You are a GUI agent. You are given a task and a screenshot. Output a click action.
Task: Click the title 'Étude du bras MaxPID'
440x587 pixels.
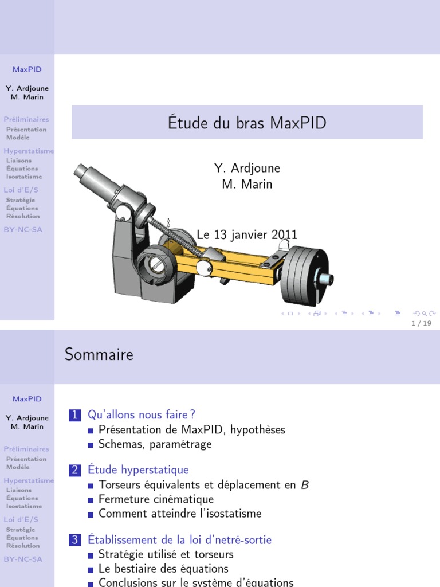(247, 123)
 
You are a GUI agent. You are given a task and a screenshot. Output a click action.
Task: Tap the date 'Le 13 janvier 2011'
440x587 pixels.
(247, 234)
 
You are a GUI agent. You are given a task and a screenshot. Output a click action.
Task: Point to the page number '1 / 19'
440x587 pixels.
(422, 323)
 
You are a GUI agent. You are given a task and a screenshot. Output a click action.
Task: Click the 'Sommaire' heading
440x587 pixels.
(99, 354)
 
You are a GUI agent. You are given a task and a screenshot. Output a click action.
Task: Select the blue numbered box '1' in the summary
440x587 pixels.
(76, 415)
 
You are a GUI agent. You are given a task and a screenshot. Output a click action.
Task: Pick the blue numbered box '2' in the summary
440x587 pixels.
(76, 471)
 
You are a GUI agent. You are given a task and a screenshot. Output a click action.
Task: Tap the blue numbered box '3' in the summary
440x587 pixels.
(76, 540)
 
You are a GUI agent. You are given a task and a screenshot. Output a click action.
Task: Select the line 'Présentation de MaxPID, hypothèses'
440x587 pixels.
(191, 429)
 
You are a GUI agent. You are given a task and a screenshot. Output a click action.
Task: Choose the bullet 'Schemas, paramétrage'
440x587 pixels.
(155, 444)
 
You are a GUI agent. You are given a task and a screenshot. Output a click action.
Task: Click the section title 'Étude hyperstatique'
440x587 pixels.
(138, 470)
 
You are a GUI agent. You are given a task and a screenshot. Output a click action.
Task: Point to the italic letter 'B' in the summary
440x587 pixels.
(305, 485)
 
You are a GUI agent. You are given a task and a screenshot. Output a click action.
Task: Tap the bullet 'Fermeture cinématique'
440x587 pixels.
(156, 499)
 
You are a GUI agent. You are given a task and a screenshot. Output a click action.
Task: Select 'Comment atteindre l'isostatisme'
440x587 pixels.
(179, 514)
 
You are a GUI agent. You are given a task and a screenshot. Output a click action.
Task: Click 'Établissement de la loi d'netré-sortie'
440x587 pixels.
(179, 540)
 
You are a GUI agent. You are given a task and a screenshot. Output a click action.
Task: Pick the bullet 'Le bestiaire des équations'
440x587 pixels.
(163, 569)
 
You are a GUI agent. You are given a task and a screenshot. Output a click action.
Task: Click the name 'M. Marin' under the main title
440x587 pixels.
(247, 184)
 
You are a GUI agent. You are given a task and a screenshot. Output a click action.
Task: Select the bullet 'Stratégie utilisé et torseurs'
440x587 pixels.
(166, 554)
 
